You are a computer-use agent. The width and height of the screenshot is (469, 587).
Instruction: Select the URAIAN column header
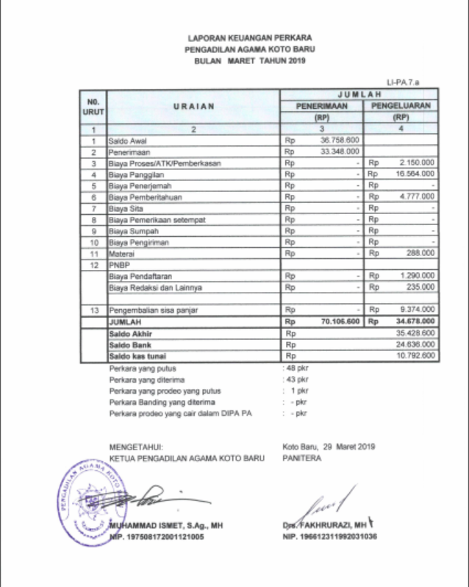pyautogui.click(x=193, y=107)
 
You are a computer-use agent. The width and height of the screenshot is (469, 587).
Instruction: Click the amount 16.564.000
pyautogui.click(x=416, y=174)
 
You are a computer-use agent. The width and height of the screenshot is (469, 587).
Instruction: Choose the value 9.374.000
pyautogui.click(x=418, y=310)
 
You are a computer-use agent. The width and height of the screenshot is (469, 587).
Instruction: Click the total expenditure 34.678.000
pyautogui.click(x=416, y=321)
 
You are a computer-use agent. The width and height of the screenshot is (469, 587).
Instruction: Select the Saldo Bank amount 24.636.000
pyautogui.click(x=416, y=344)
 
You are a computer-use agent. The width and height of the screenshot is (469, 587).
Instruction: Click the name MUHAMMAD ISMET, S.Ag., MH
pyautogui.click(x=165, y=526)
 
